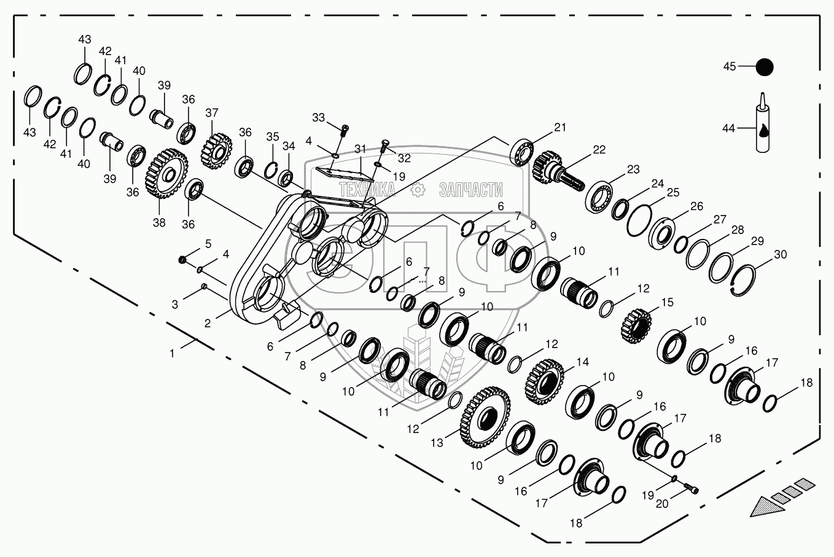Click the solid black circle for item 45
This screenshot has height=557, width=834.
pos(764,67)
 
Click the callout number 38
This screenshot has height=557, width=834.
pos(159,222)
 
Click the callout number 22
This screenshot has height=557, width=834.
pos(599,150)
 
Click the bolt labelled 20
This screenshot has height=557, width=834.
pos(692,488)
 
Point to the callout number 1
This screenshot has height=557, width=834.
pos(173,353)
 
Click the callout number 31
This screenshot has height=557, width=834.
pos(360,149)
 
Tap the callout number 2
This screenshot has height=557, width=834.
pos(208,322)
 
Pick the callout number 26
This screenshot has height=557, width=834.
pos(696,206)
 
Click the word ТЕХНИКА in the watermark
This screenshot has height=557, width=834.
pos(366,190)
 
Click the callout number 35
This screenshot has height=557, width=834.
pos(272,136)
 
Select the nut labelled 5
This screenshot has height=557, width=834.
pos(182,260)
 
